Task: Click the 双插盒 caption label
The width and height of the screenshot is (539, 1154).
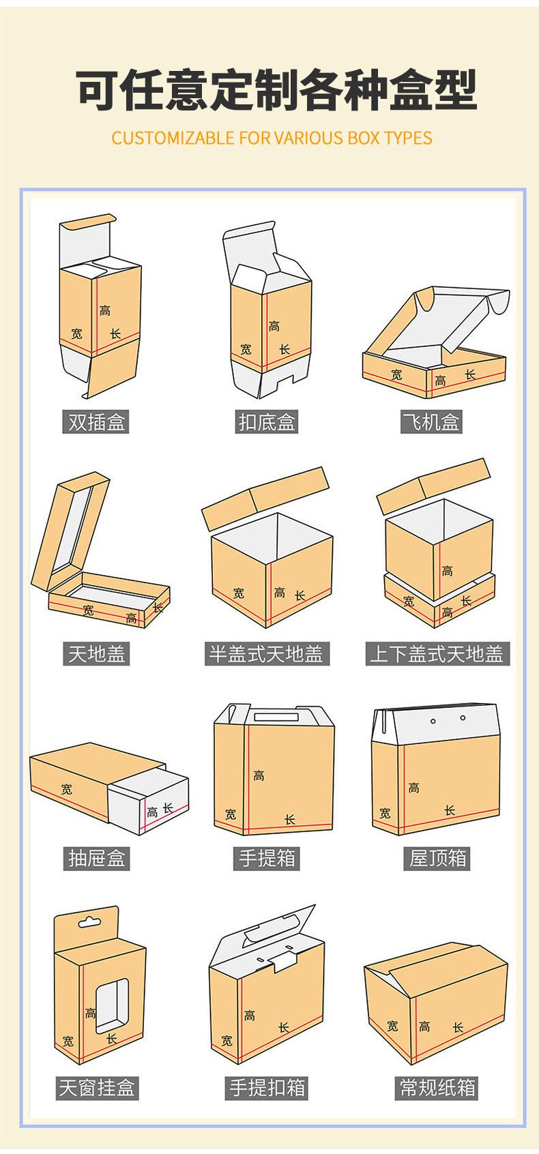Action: tap(96, 422)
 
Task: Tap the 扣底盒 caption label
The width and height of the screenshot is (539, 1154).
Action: tap(266, 422)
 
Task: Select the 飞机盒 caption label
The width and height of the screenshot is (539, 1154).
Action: tap(431, 422)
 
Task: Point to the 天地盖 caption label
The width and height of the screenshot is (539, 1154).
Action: tap(96, 654)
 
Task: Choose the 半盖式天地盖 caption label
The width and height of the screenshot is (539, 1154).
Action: tap(266, 654)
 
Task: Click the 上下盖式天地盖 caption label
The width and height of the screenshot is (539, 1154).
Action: tap(437, 654)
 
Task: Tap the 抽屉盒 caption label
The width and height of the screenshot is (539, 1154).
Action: tap(96, 858)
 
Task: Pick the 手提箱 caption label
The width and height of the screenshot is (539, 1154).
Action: tap(266, 858)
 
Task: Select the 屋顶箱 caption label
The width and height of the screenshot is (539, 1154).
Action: tap(437, 858)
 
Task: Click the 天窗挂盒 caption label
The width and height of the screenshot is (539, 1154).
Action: tap(97, 1088)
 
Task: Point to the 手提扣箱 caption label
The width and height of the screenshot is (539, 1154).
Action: tap(266, 1088)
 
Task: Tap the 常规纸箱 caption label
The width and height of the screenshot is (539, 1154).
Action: tap(437, 1088)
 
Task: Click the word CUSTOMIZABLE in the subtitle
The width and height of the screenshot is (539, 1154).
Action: tap(173, 138)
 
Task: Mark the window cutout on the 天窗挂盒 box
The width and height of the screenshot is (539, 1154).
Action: tap(112, 1003)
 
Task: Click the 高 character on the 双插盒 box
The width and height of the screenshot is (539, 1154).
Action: tap(104, 310)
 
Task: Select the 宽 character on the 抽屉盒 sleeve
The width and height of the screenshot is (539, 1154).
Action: tap(66, 788)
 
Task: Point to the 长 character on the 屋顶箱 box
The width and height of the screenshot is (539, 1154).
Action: tap(450, 810)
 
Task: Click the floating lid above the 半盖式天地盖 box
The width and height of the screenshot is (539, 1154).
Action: tap(265, 498)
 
